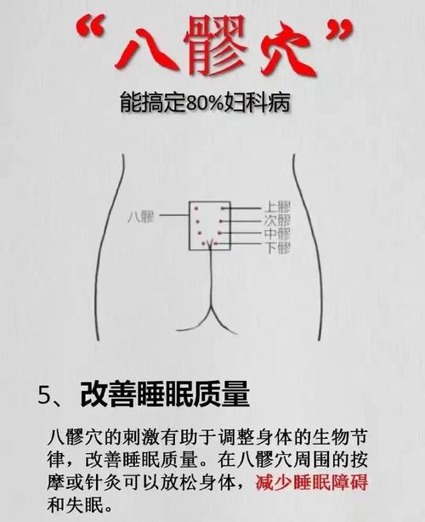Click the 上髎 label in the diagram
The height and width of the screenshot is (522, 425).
[x=278, y=207]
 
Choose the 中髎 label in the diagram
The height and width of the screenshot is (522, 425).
[x=278, y=234]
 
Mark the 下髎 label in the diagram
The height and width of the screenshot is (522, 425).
[x=278, y=247]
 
